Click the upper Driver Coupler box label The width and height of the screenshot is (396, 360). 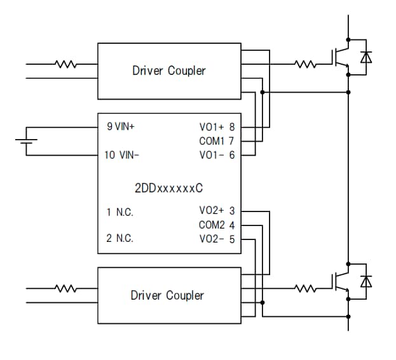(x=168, y=70)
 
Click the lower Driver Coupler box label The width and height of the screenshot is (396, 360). (x=167, y=295)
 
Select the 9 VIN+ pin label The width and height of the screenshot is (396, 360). (x=121, y=126)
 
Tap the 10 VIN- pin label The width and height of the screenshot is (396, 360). (x=120, y=155)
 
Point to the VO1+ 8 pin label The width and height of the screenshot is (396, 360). (x=217, y=127)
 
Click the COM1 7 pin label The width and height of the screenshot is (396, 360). (x=217, y=140)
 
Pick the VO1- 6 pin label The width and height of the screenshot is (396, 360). (x=217, y=154)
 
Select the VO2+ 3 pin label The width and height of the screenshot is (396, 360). (x=217, y=211)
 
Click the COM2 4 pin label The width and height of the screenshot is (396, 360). (x=217, y=225)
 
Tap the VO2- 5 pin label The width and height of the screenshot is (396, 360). (x=217, y=239)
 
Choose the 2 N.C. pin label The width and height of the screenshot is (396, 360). (x=119, y=239)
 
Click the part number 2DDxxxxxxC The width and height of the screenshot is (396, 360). (x=168, y=189)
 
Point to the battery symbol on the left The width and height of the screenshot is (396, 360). (x=26, y=141)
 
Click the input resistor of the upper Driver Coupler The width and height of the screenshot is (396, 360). (x=66, y=64)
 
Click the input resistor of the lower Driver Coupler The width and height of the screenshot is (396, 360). (x=66, y=289)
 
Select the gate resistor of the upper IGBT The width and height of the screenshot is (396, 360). (x=306, y=64)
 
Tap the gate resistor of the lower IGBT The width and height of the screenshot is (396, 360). (x=306, y=289)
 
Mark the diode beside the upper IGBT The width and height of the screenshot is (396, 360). (x=366, y=57)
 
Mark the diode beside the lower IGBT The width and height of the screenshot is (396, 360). (x=366, y=281)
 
